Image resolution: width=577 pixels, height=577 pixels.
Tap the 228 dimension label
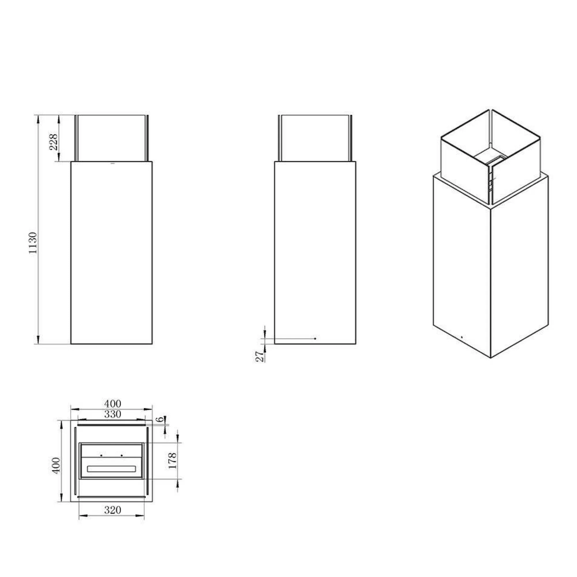pyautogui.click(x=53, y=143)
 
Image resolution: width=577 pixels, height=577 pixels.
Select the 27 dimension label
pyautogui.click(x=260, y=357)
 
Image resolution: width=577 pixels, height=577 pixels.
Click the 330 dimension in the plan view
pyautogui.click(x=113, y=414)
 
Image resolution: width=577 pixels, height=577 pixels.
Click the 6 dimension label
pyautogui.click(x=161, y=419)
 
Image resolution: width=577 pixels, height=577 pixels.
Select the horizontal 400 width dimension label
pyautogui.click(x=113, y=404)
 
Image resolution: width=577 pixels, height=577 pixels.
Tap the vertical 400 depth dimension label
pyautogui.click(x=56, y=465)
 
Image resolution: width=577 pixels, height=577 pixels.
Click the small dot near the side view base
pyautogui.click(x=315, y=339)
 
